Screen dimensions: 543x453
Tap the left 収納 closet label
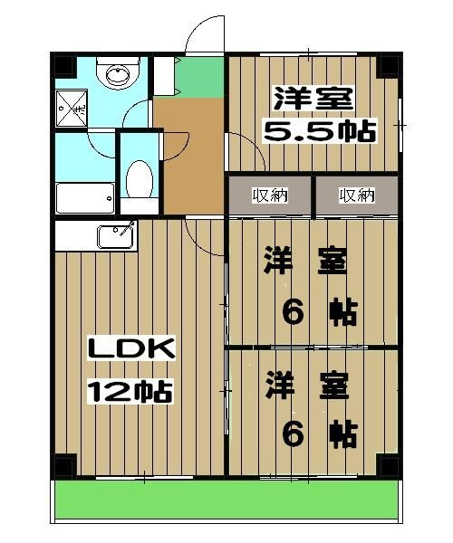[x=269, y=195]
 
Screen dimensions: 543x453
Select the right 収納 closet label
[x=357, y=195]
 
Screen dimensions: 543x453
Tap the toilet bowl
[x=139, y=180]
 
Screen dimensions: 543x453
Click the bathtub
[x=85, y=196]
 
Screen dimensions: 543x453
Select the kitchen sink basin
[x=115, y=238]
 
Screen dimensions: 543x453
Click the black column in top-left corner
[x=63, y=65]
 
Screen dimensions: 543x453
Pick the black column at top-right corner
[x=388, y=64]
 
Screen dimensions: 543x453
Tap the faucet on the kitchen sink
[x=128, y=226]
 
